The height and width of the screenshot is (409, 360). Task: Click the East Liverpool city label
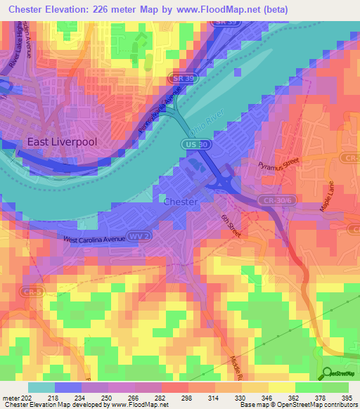[61, 141]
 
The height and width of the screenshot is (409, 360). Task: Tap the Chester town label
[180, 202]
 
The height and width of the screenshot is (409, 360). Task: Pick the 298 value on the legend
[186, 398]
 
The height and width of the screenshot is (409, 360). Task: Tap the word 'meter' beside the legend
[11, 398]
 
